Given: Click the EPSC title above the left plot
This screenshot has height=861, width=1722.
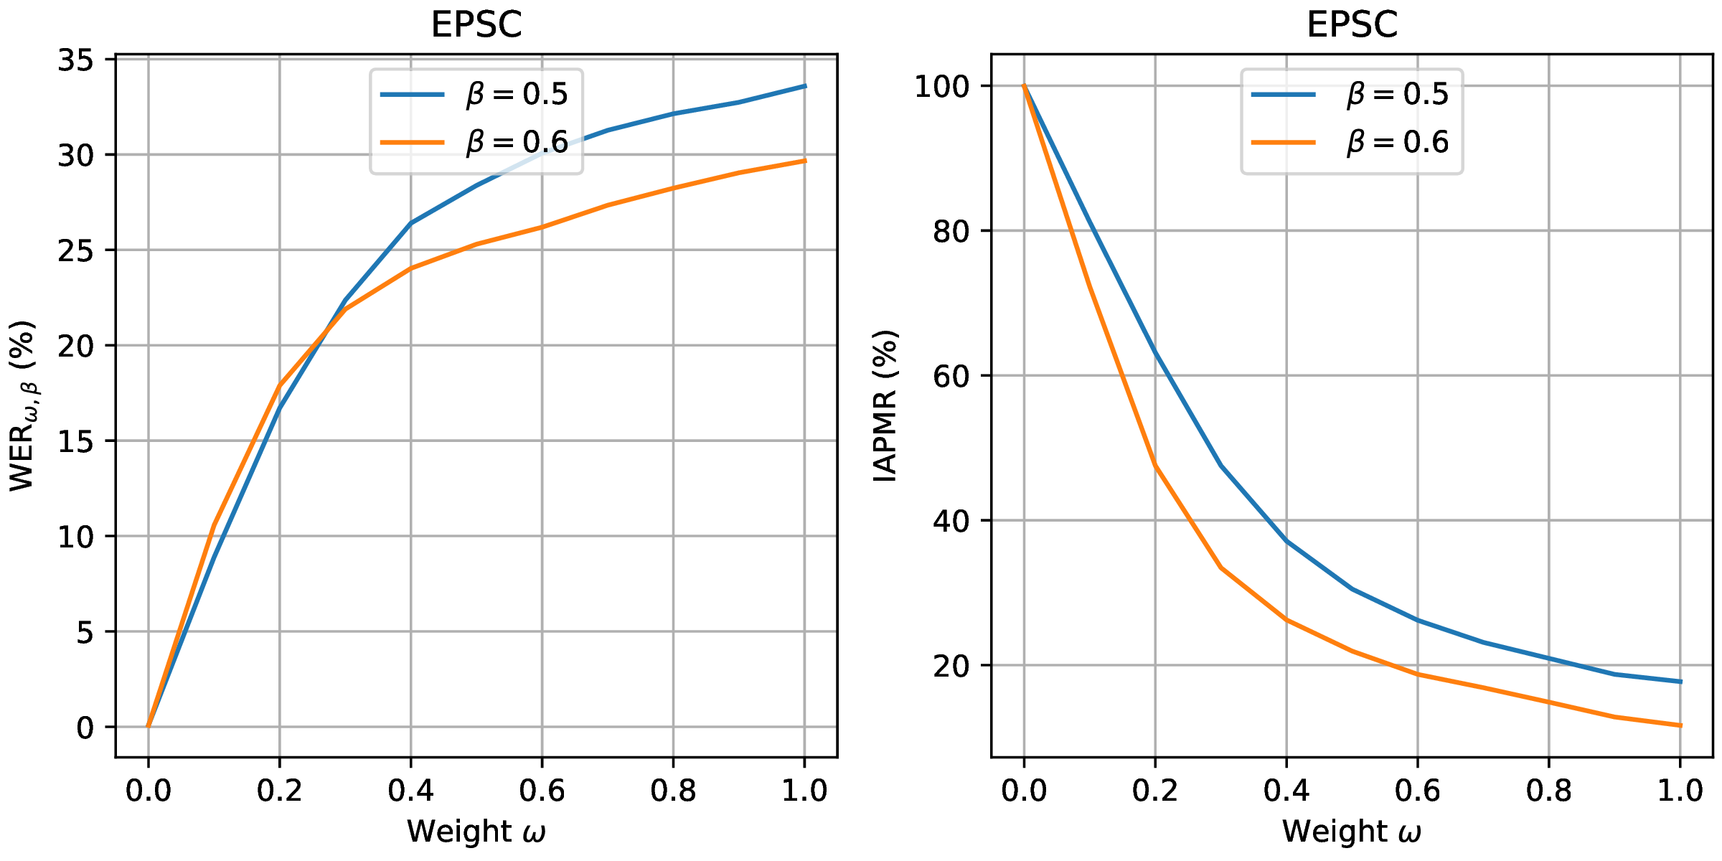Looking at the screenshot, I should pyautogui.click(x=476, y=25).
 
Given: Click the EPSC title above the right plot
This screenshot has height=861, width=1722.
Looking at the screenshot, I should pyautogui.click(x=1352, y=25).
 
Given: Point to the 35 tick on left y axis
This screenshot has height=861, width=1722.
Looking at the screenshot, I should pyautogui.click(x=75, y=60).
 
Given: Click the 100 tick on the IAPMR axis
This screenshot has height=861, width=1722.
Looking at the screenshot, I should pyautogui.click(x=942, y=87).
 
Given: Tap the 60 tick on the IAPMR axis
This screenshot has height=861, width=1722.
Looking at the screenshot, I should pyautogui.click(x=951, y=376).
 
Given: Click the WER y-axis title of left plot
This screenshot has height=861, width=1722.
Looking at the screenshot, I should pyautogui.click(x=23, y=406).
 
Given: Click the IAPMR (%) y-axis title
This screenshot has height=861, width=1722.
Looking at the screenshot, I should pyautogui.click(x=885, y=406).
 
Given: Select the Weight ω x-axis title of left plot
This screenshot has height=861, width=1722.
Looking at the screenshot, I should pyautogui.click(x=476, y=832).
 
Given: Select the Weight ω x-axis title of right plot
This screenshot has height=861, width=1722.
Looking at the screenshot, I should pyautogui.click(x=1352, y=832).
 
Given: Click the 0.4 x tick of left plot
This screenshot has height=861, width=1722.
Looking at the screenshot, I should pyautogui.click(x=410, y=791).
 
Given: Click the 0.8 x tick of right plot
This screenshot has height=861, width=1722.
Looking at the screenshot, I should pyautogui.click(x=1548, y=791).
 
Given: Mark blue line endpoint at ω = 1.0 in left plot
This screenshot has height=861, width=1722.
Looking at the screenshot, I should pyautogui.click(x=804, y=86).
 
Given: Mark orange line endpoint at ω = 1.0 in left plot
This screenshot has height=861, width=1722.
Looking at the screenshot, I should pyautogui.click(x=804, y=161).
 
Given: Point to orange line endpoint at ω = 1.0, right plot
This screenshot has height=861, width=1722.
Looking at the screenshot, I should pyautogui.click(x=1680, y=725).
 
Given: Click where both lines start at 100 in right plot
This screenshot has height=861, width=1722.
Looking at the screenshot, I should pyautogui.click(x=1024, y=86).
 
